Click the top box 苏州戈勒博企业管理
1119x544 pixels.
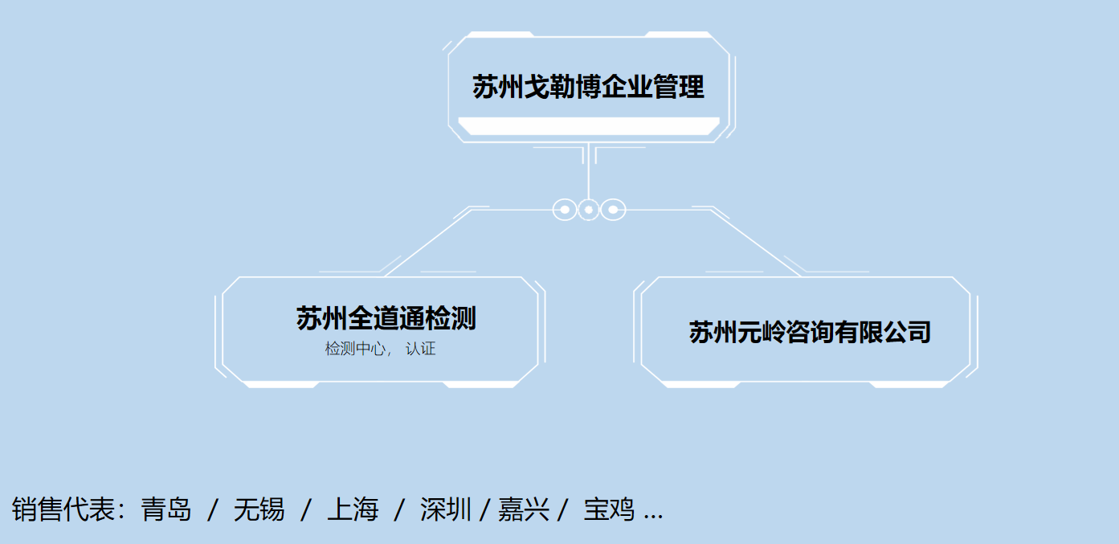(588, 87)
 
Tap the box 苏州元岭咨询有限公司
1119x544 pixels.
(810, 331)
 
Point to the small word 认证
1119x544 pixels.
(420, 349)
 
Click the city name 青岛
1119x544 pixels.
(166, 509)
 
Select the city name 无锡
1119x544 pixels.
(259, 509)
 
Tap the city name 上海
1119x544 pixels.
(352, 509)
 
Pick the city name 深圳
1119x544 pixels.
(445, 509)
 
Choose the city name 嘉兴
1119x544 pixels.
(523, 509)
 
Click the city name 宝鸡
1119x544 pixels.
(608, 509)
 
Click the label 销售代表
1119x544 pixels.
(63, 509)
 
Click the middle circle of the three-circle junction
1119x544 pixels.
(589, 210)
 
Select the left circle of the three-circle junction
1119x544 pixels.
(565, 210)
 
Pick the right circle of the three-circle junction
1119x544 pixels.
(613, 210)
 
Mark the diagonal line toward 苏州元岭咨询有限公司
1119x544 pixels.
(755, 243)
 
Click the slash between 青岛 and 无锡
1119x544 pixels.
(213, 509)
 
